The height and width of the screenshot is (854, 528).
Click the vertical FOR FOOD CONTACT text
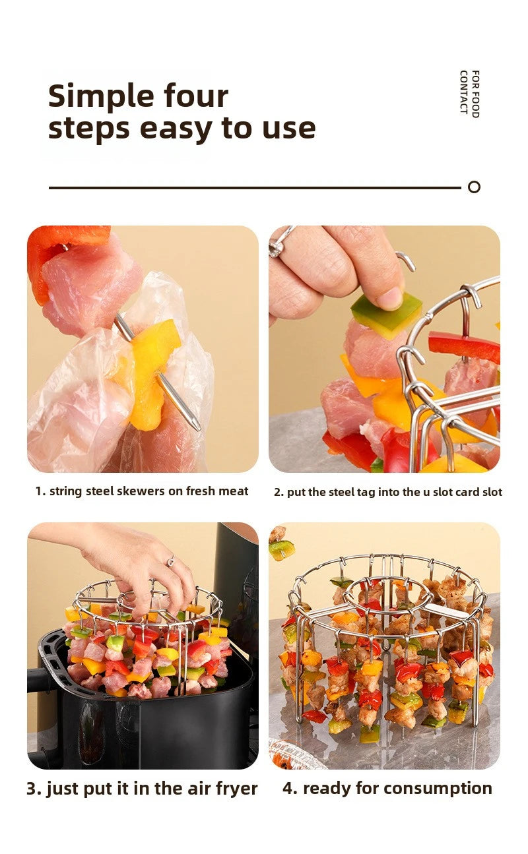pos(469,94)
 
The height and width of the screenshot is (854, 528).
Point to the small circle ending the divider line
pos(474,187)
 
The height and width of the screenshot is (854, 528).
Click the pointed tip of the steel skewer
pos(196,426)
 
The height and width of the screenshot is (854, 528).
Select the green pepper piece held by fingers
pos(386,313)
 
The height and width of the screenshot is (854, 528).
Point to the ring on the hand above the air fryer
pos(171,561)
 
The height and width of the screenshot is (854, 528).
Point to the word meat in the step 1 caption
pos(235,491)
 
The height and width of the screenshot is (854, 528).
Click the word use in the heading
pos(289,128)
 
